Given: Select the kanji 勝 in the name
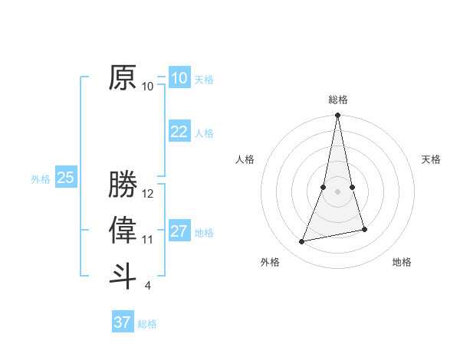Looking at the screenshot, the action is (123, 185).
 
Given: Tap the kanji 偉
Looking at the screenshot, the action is (123, 229).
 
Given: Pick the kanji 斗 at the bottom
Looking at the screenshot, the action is (123, 275).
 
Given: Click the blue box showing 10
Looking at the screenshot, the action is (179, 78).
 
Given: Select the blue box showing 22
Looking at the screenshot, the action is (179, 132).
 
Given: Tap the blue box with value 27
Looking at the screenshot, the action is (179, 231).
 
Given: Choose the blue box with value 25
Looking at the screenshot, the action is (65, 178).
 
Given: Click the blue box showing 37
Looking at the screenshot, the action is (122, 322).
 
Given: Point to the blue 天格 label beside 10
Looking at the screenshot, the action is (204, 79).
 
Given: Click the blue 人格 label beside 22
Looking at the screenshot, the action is (204, 133).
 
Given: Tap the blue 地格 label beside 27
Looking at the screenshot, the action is (204, 232).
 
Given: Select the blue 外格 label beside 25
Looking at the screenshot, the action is (41, 179).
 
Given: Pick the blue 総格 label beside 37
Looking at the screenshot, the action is (147, 323).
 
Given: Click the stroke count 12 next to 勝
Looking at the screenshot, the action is (148, 194).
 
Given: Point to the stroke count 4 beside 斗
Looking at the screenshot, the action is (148, 286).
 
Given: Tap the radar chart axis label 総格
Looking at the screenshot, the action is (338, 100).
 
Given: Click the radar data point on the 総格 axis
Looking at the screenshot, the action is (337, 116).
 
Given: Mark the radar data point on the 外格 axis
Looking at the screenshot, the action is (302, 242).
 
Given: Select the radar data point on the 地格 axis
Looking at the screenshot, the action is (364, 229).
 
